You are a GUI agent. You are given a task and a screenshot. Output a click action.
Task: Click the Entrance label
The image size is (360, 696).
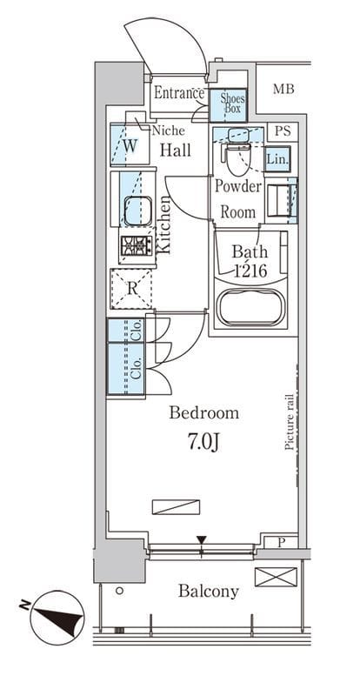pyautogui.click(x=179, y=93)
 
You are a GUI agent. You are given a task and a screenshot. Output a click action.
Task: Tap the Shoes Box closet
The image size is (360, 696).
pyautogui.click(x=228, y=105)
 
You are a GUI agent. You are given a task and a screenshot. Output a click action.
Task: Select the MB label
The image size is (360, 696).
pyautogui.click(x=283, y=90)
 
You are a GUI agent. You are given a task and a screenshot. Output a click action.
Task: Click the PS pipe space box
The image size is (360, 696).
pyautogui.click(x=283, y=131)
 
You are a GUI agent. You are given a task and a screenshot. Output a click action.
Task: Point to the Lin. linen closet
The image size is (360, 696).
pyautogui.click(x=278, y=158)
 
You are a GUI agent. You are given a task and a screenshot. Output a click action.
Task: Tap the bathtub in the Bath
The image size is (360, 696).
pyautogui.click(x=250, y=306)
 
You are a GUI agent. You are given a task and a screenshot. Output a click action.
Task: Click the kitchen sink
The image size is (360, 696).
pyautogui.click(x=137, y=211)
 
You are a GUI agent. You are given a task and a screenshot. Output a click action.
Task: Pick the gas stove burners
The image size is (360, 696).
pyautogui.click(x=136, y=245)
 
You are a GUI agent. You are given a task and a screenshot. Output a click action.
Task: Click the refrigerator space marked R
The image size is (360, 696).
pyautogui.click(x=131, y=289)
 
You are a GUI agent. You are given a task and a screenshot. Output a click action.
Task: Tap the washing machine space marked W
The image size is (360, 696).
pyautogui.click(x=130, y=145)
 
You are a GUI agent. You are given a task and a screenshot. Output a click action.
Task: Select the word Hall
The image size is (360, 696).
pyautogui.click(x=176, y=150)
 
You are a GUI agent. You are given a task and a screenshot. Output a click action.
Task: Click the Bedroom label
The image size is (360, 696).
pyautogui.click(x=203, y=413)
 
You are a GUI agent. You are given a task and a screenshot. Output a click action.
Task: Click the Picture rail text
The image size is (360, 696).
pyautogui.click(x=290, y=422)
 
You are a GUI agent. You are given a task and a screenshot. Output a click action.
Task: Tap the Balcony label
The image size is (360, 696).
pyautogui.click(x=209, y=592)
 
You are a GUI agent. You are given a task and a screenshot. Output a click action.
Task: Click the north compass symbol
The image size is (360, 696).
pyautogui.click(x=57, y=617)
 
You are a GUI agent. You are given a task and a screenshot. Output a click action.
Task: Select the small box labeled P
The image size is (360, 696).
pyautogui.click(x=282, y=542)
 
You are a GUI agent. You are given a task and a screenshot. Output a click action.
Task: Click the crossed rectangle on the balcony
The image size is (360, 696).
pyautogui.click(x=276, y=577)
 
